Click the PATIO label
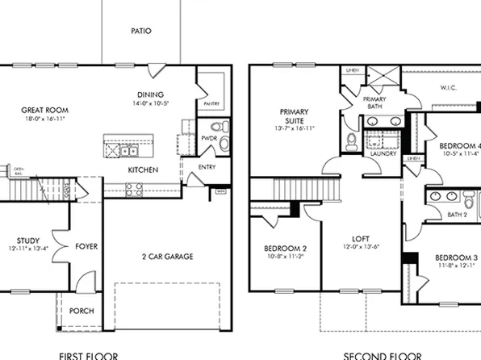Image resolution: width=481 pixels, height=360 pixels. pyautogui.click(x=141, y=31)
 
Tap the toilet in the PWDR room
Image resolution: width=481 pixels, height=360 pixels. pyautogui.click(x=215, y=128)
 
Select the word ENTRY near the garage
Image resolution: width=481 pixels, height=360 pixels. pyautogui.click(x=207, y=166)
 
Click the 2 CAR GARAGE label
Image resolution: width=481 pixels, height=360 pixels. pyautogui.click(x=166, y=257)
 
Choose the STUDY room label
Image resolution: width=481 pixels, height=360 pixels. pyautogui.click(x=28, y=241)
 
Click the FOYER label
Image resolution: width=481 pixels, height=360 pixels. pyautogui.click(x=86, y=245)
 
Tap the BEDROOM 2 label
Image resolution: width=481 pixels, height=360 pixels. pyautogui.click(x=283, y=248)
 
